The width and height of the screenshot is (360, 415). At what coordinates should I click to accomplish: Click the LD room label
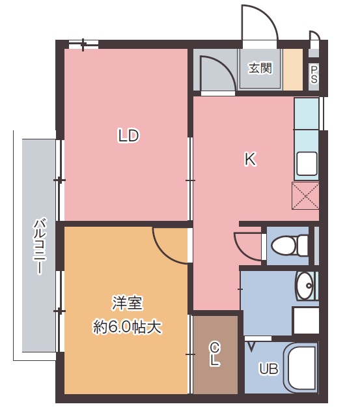tap(128, 136)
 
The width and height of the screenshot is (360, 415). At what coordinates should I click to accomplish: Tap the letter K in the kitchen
tap(250, 159)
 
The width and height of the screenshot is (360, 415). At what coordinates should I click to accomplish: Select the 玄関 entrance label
tap(260, 68)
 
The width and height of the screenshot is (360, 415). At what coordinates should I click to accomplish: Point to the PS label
tap(314, 74)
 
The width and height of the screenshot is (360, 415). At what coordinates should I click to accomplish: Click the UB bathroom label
tap(269, 369)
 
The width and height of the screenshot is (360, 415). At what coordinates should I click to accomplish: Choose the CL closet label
tap(215, 354)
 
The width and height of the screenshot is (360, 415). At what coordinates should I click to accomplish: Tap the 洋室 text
tap(128, 304)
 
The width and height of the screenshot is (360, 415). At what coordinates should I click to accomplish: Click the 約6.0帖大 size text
tap(127, 328)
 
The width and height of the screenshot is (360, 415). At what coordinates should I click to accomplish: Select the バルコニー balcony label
tap(40, 246)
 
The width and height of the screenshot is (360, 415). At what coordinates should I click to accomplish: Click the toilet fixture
tap(290, 246)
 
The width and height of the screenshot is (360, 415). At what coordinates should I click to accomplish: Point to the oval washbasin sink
tap(305, 285)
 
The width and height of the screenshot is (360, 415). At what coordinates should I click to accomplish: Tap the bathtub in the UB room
tap(300, 368)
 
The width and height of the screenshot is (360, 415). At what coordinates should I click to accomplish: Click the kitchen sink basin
tap(307, 164)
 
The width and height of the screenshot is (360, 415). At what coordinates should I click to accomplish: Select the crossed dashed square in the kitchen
tap(305, 195)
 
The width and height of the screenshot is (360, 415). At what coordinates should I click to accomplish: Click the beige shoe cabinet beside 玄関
tap(293, 69)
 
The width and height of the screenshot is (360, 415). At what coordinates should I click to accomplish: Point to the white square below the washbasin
tap(307, 321)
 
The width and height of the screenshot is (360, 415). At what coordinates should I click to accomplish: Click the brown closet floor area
tap(215, 354)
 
